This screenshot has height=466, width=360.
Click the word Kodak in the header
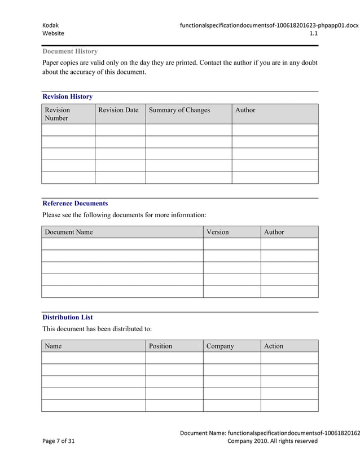point(51,25)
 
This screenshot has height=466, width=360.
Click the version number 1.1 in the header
point(314,34)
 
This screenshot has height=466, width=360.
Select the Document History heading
point(70,51)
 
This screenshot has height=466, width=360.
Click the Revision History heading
point(68,96)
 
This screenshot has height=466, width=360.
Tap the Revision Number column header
point(58,114)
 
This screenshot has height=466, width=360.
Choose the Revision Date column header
point(118,110)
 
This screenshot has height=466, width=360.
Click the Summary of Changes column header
point(179,110)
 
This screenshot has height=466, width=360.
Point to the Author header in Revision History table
point(245,110)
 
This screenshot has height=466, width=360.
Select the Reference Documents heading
point(75,203)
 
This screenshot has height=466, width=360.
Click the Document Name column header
point(69,232)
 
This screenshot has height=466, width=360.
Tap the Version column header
point(217,232)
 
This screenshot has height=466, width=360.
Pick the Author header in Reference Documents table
point(274,232)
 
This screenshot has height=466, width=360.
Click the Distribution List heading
point(68,317)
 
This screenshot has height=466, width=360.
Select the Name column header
point(53,346)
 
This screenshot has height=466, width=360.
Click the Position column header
point(160,346)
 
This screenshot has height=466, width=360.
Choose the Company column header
point(220,346)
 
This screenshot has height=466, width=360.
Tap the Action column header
point(273,346)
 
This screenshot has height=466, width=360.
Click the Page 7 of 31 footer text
point(59,441)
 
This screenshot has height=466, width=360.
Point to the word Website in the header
point(54,34)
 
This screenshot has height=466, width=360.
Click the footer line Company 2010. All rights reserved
point(272,441)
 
